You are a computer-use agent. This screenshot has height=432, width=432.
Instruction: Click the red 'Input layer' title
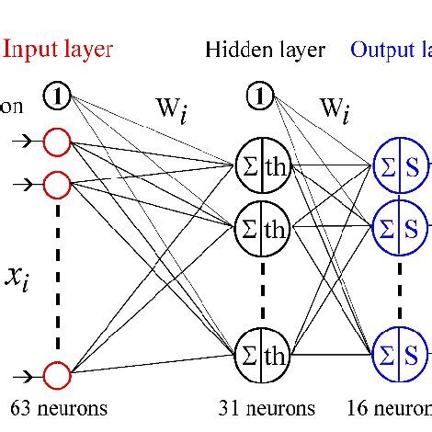(57, 49)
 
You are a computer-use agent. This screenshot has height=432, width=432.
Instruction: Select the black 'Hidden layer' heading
(265, 50)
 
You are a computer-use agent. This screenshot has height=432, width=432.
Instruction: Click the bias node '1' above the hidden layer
(262, 94)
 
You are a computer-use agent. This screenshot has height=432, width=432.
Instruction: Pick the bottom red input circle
(57, 375)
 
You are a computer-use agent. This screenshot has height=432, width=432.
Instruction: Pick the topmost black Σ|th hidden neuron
(262, 166)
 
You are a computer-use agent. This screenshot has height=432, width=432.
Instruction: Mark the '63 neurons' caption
(59, 407)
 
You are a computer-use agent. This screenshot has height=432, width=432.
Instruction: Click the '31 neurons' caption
(267, 407)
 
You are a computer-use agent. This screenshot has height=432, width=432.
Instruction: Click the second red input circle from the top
(57, 184)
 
